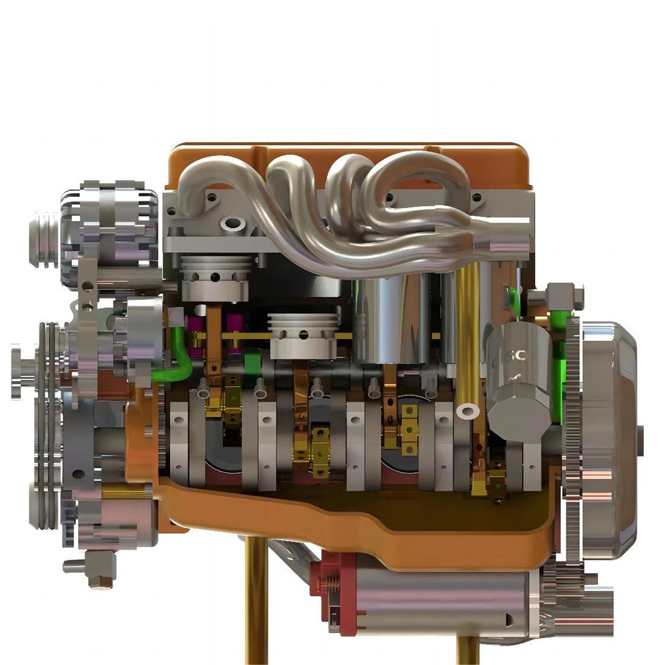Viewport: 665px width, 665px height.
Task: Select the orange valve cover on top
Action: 351,154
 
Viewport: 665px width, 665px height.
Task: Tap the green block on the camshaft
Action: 253,363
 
